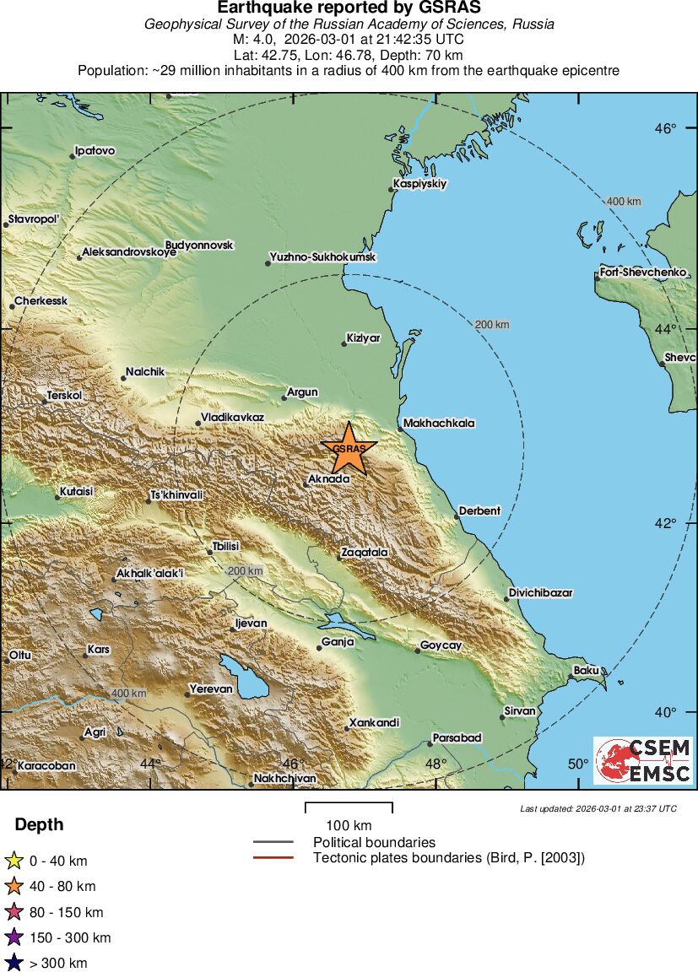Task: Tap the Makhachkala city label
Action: (x=439, y=424)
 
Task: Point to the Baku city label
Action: (x=586, y=671)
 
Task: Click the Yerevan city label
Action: (x=211, y=689)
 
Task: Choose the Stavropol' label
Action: (x=35, y=219)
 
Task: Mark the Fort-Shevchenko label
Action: (x=643, y=273)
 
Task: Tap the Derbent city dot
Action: (x=457, y=516)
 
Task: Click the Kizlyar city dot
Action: (x=344, y=343)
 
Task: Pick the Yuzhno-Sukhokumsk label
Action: (x=323, y=256)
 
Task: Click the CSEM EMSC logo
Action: (x=644, y=760)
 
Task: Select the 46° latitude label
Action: (x=666, y=129)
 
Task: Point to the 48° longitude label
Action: (x=436, y=764)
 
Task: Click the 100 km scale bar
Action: (x=349, y=808)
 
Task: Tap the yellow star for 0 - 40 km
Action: (x=14, y=861)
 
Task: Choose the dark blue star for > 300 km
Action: (x=14, y=962)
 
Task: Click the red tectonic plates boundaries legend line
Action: (x=273, y=858)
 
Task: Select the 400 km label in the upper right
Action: (x=624, y=202)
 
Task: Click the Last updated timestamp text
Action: (x=598, y=808)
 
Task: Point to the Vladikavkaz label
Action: (x=232, y=418)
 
